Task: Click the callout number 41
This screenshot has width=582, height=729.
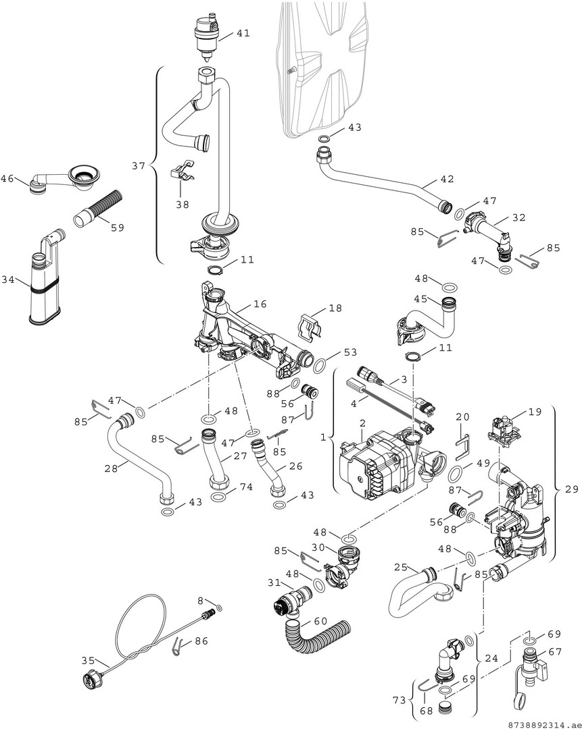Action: (x=243, y=33)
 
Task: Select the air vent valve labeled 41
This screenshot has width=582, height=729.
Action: (x=207, y=36)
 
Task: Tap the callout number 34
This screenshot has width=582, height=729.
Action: (x=8, y=280)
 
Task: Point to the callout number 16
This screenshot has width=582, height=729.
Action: (x=260, y=304)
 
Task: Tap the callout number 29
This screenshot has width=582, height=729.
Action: (x=571, y=489)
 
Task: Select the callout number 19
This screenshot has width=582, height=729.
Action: (x=535, y=412)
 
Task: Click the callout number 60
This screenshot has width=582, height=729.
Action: (x=321, y=621)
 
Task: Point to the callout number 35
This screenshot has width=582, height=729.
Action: (x=88, y=660)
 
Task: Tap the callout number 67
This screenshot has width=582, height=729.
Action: (x=555, y=652)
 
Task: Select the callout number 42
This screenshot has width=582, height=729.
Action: (x=447, y=178)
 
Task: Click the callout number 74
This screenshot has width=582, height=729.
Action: (x=246, y=486)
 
